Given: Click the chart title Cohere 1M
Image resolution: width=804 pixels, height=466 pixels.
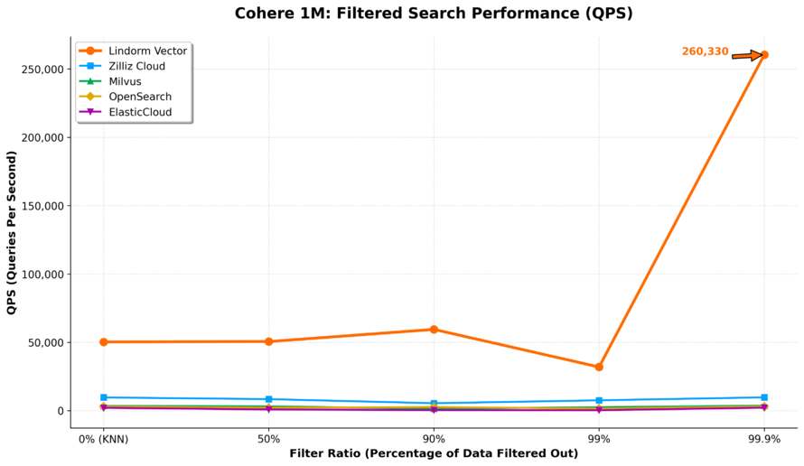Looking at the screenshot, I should [434, 14].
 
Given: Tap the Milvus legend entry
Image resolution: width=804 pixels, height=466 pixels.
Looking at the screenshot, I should [131, 82].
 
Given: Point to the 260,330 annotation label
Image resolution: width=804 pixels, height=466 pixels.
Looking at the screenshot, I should [705, 52].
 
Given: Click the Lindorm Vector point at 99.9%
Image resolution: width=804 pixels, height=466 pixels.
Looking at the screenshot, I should [764, 55].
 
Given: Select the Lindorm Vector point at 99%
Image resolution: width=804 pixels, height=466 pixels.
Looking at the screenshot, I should [599, 367].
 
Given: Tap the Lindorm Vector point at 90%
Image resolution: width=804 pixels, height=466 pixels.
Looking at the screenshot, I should [434, 330].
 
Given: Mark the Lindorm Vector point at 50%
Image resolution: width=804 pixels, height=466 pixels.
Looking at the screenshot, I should [268, 341].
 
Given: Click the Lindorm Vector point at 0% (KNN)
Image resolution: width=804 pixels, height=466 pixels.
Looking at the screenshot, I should [104, 342].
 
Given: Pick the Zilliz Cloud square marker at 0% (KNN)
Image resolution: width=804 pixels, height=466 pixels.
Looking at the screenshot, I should [104, 397].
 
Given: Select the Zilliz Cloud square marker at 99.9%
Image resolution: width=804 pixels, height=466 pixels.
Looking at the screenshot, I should [764, 397].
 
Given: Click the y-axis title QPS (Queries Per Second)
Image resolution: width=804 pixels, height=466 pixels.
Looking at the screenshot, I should [12, 233].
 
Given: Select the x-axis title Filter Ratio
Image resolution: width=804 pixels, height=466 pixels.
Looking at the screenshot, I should [434, 453].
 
